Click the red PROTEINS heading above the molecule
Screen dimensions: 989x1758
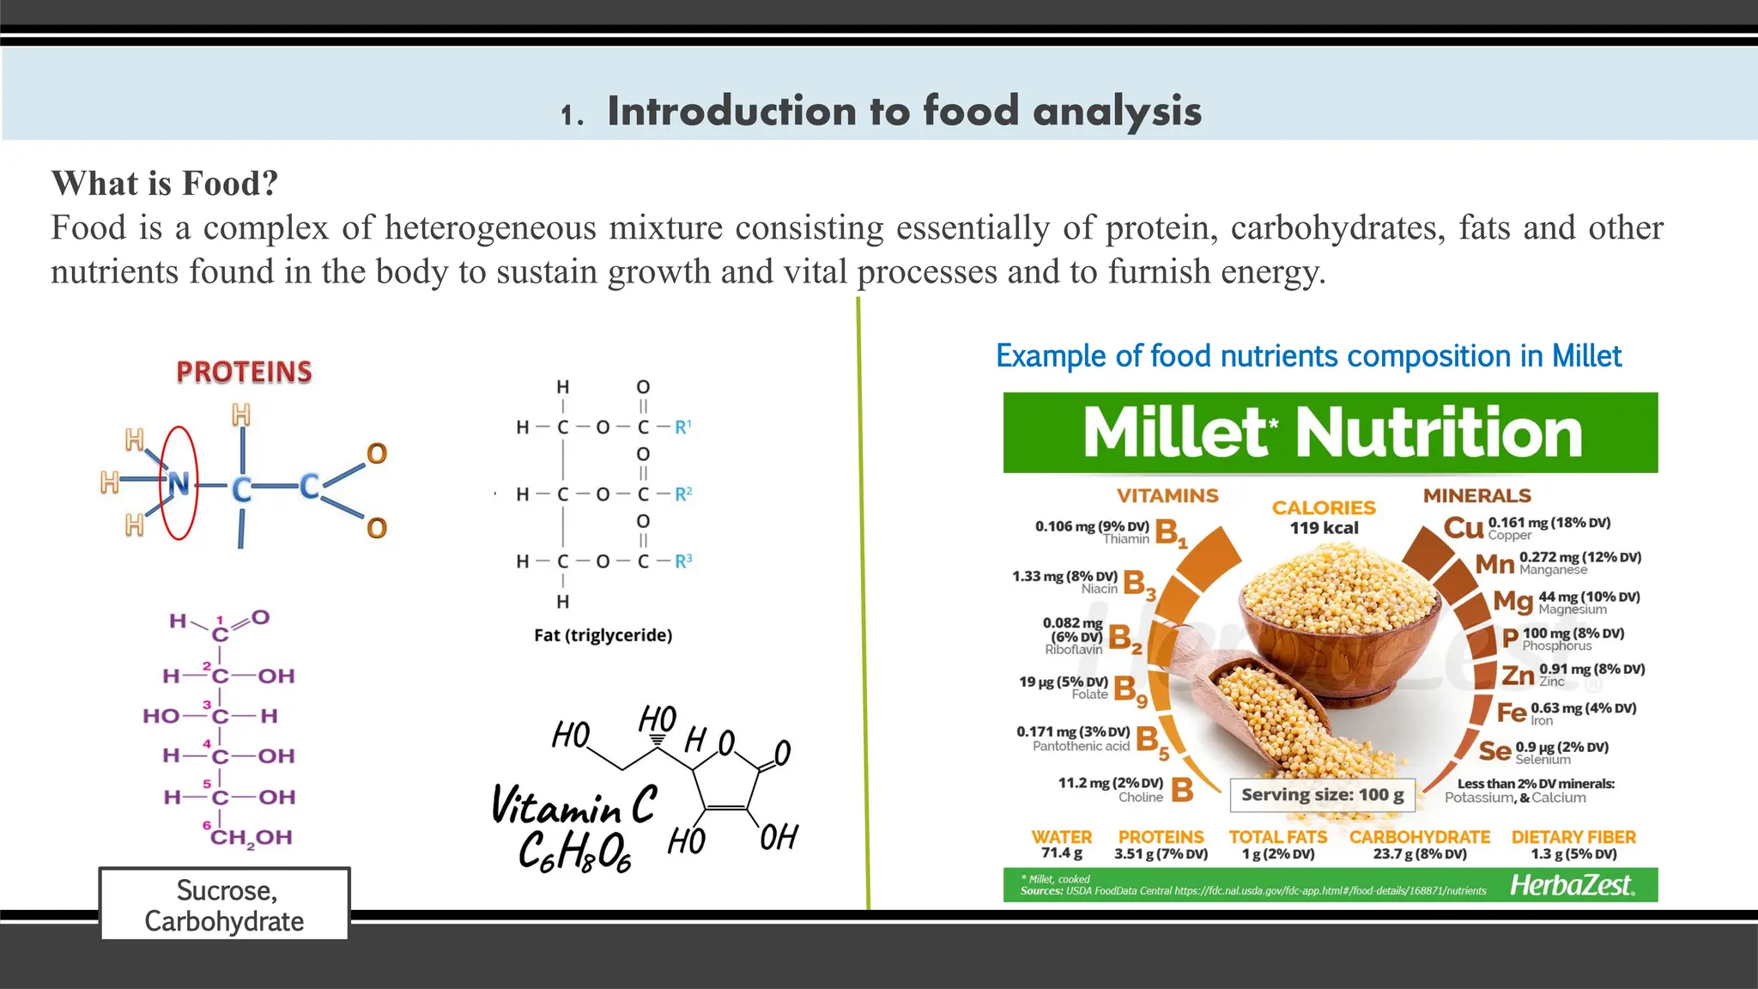tap(244, 372)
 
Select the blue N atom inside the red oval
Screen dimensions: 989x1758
tap(179, 484)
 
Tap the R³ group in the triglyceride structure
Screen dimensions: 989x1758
tap(683, 561)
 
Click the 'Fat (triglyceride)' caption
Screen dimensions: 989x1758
tap(603, 635)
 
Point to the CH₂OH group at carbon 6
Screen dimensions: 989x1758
tap(251, 837)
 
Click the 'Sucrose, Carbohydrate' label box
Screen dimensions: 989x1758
tap(224, 905)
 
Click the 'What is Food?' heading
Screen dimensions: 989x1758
tap(165, 184)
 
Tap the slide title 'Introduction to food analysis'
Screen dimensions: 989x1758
tap(904, 112)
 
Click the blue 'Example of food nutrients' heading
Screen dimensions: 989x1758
tap(1308, 356)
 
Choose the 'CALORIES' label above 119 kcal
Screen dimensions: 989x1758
tap(1324, 507)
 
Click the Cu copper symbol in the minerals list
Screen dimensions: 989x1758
tap(1464, 527)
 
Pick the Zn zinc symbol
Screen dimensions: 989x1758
tap(1518, 676)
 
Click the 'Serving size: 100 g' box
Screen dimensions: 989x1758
tap(1322, 795)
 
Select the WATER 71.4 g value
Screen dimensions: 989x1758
tap(1062, 853)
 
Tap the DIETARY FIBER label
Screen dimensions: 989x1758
tap(1573, 837)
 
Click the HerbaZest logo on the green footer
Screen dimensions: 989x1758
tap(1573, 885)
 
